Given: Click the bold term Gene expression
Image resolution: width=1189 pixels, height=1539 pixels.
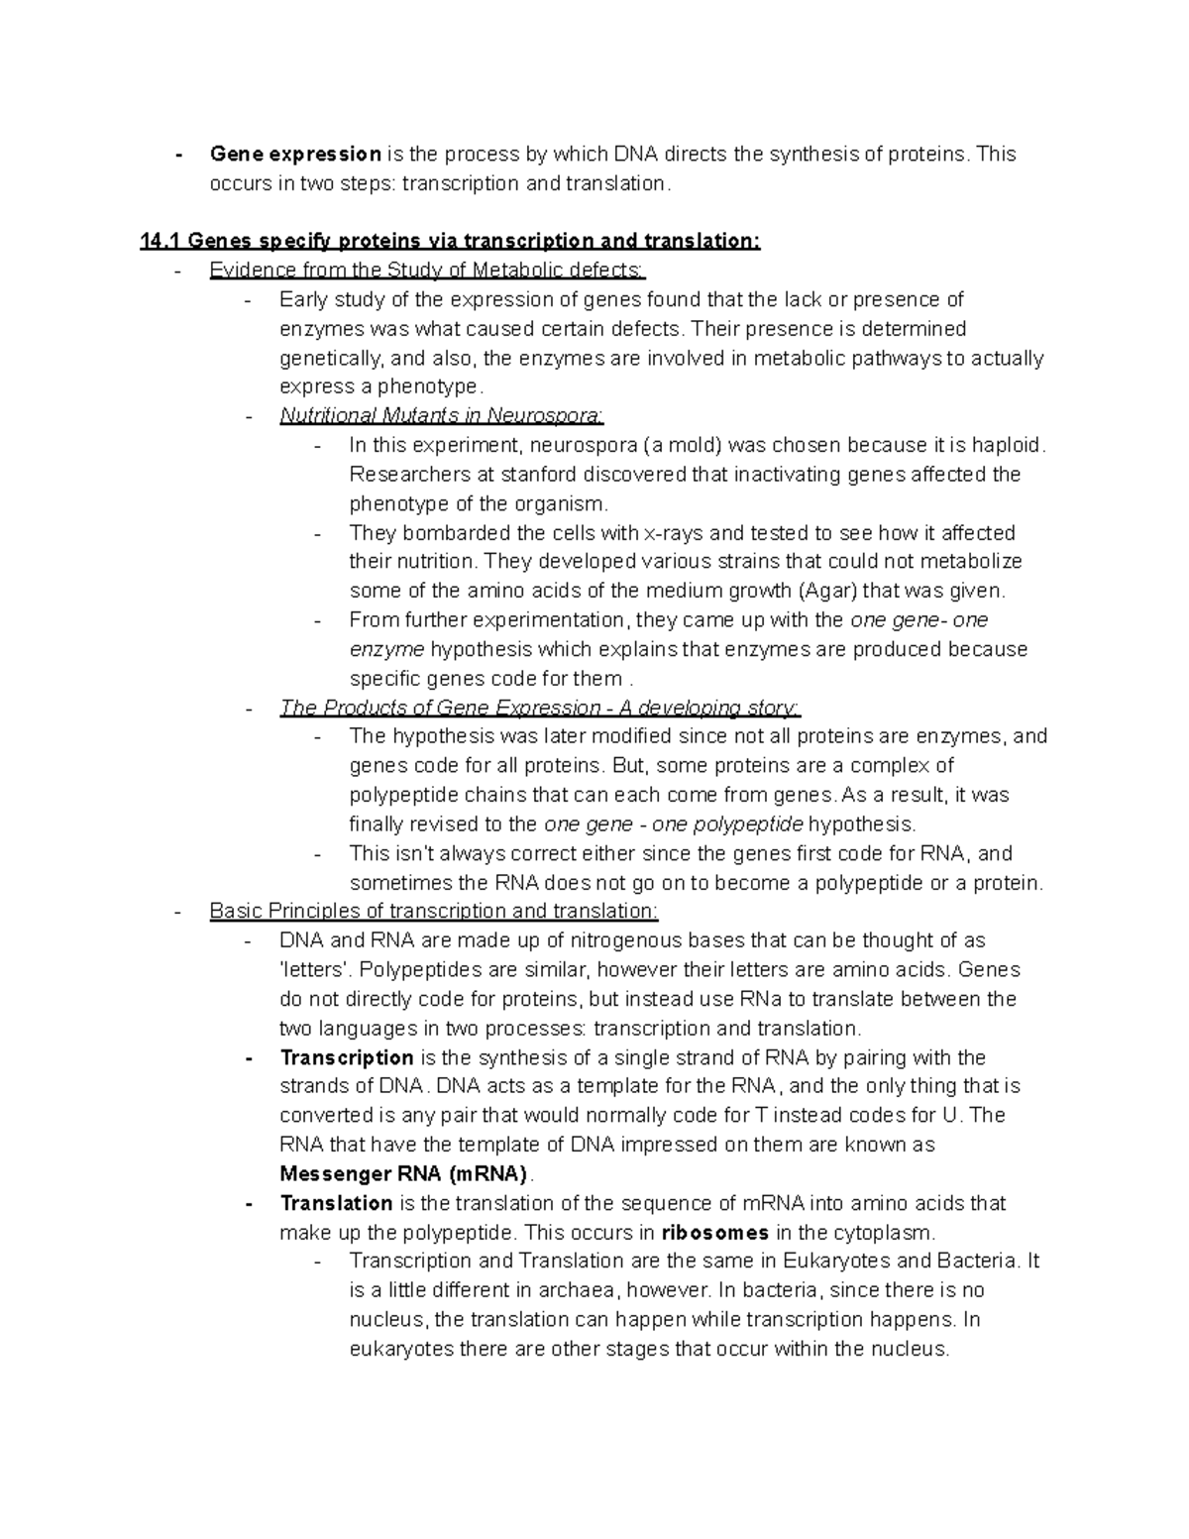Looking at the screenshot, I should pos(295,154).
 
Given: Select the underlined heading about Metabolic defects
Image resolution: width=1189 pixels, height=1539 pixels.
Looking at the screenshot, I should pos(427,271).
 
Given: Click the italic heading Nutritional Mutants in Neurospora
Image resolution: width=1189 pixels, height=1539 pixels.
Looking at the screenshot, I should pos(442,416).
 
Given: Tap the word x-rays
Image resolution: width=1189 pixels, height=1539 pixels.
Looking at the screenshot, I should pos(674,533).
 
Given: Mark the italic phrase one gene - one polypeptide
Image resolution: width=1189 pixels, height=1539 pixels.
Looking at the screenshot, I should pos(674,824).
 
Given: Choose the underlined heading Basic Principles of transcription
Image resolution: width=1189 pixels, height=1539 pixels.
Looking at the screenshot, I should pos(433,912).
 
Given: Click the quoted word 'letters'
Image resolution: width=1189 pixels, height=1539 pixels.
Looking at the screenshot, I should pos(310,970).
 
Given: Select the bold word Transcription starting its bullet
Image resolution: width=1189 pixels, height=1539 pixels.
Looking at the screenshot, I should pos(347,1057).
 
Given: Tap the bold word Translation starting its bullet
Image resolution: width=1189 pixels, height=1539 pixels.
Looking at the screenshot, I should pos(337,1203).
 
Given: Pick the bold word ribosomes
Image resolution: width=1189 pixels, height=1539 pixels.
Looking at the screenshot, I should pos(714,1233).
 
